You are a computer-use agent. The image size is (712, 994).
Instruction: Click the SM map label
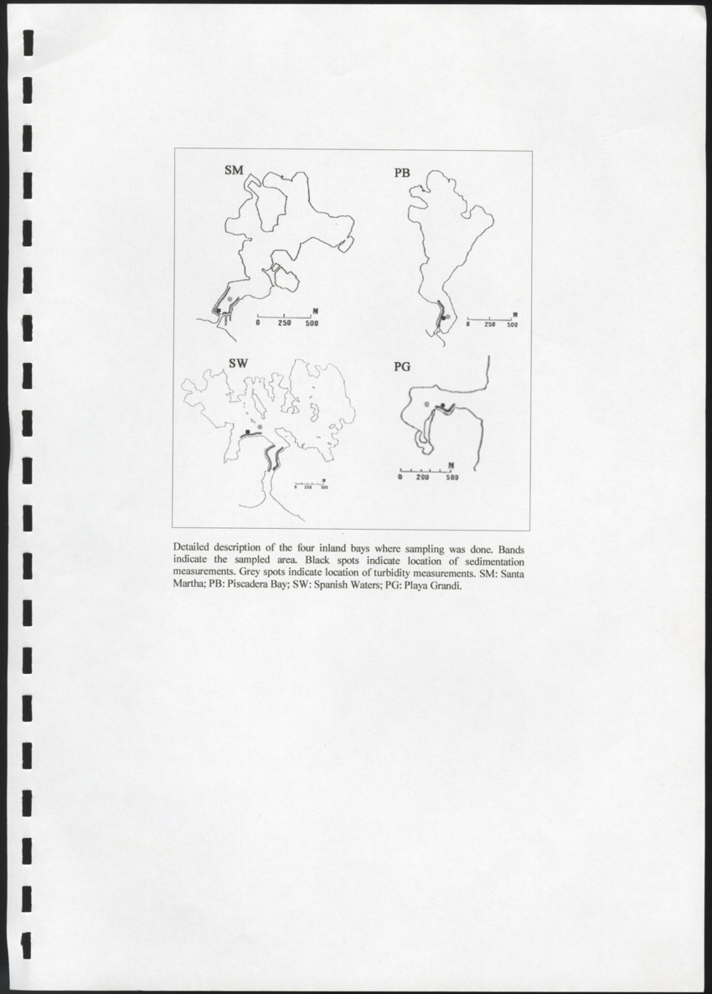tap(234, 170)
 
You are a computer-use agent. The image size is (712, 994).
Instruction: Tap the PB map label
tap(402, 173)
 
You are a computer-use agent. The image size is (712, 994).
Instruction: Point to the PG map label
tap(402, 366)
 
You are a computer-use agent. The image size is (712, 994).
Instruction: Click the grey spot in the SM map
tap(230, 299)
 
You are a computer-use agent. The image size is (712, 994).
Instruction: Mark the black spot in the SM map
tap(218, 310)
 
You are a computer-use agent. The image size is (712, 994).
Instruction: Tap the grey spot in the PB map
tap(448, 316)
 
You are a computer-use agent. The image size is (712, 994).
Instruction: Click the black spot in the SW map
tap(247, 431)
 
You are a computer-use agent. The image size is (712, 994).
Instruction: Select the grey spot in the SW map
tap(261, 427)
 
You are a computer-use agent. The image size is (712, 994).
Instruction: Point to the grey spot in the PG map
tap(427, 405)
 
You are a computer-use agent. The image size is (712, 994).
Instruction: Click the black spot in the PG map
tap(441, 406)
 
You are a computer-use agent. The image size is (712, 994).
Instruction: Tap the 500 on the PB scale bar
tap(511, 325)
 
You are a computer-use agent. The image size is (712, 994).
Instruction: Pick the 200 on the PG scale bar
tap(424, 478)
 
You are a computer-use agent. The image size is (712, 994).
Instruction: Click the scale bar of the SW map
tap(309, 482)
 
